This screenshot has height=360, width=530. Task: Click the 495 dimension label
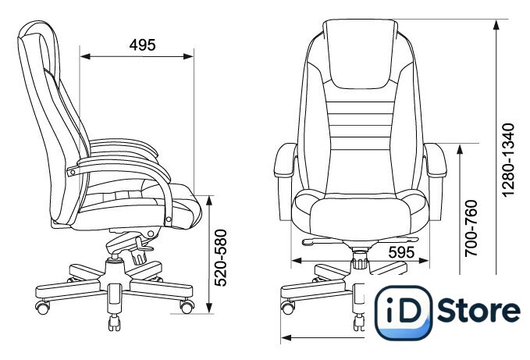(142, 45)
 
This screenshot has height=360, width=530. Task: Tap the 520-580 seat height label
(221, 258)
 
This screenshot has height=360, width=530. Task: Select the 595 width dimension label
(401, 252)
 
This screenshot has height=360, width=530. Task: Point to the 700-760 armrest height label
(471, 228)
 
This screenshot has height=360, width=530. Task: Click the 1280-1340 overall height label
(508, 159)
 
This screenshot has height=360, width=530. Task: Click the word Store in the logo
(479, 310)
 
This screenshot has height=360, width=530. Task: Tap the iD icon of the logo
(404, 312)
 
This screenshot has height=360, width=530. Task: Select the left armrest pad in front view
(285, 160)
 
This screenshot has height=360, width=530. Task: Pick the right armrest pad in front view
(436, 160)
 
